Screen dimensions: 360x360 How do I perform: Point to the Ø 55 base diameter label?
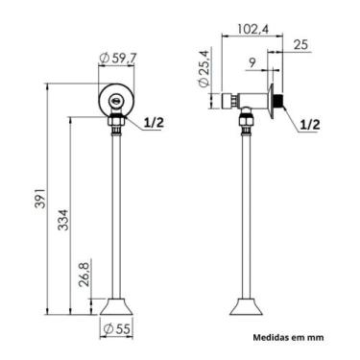117,329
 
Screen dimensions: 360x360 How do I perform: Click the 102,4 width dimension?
252,29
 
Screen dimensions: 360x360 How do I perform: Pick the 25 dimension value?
302,44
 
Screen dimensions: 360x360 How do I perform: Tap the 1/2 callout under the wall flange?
309,124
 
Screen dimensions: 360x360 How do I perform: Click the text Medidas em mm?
289,337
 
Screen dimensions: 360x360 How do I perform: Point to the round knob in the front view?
116,98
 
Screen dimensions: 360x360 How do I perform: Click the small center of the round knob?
116,98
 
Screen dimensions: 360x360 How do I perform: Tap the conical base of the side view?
245,307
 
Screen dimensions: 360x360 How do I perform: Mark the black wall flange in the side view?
277,100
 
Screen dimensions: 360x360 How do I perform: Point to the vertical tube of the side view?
245,211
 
